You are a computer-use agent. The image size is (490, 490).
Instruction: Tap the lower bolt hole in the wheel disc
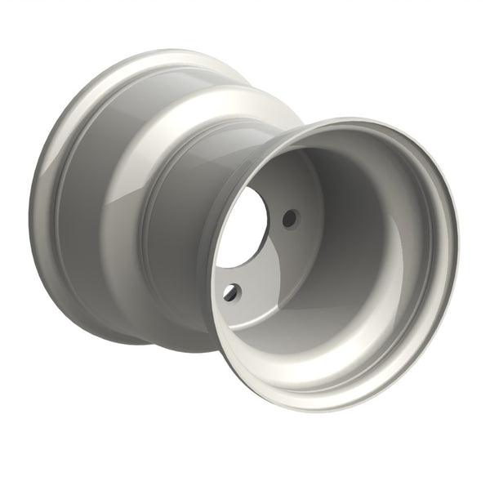(x=234, y=290)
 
